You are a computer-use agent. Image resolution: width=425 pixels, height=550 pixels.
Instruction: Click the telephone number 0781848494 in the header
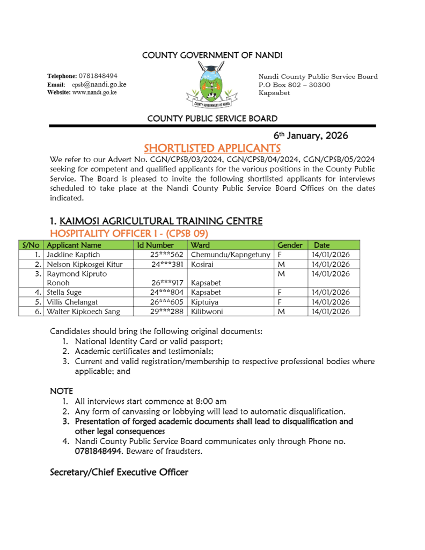coord(99,76)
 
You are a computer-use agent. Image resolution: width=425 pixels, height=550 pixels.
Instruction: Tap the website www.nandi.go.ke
coord(94,92)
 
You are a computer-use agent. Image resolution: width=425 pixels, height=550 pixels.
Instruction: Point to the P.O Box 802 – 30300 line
coord(295,85)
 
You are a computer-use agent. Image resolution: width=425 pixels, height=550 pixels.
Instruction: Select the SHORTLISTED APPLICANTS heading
coord(212,148)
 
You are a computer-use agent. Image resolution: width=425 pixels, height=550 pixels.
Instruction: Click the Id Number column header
coord(156,245)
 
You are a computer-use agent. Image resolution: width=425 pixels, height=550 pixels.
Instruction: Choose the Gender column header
coord(290,245)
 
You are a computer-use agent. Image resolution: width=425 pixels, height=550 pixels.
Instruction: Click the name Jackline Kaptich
coord(73,255)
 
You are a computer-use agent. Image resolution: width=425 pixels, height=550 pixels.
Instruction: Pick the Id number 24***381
coord(167,264)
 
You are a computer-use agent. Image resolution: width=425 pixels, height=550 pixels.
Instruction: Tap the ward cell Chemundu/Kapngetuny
coord(230,255)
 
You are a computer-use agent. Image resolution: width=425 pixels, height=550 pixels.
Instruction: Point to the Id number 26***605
coord(167,302)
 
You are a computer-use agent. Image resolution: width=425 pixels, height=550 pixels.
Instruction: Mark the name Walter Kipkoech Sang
coord(83,312)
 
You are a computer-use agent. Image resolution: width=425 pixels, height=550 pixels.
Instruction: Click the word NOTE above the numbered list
coord(61,391)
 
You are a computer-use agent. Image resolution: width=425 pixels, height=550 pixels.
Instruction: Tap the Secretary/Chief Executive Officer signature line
coord(119,472)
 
